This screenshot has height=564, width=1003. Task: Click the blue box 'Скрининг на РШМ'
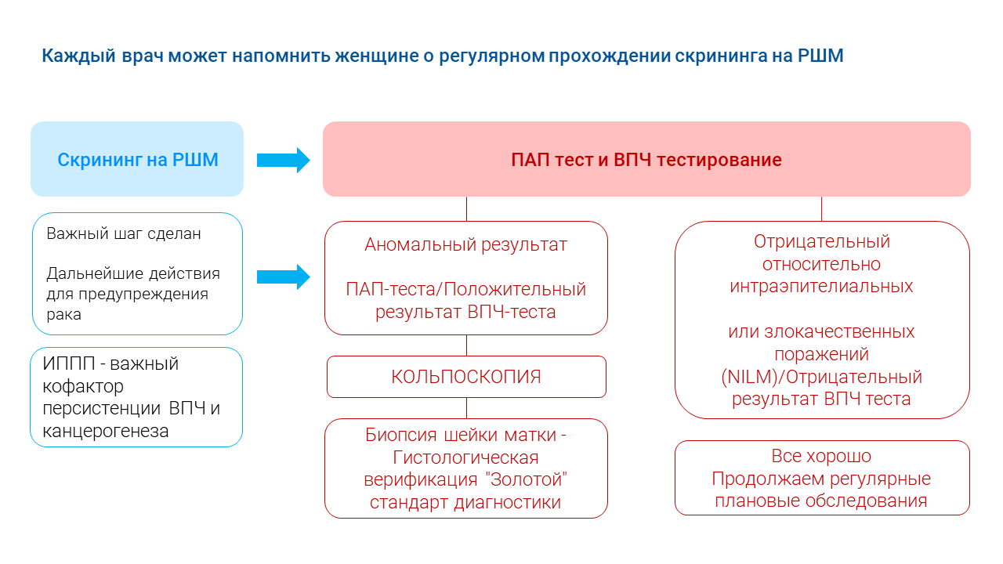click(137, 160)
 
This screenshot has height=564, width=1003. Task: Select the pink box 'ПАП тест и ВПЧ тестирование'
click(646, 160)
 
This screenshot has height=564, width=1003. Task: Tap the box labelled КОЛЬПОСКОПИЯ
click(466, 377)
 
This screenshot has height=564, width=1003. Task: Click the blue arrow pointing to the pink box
click(283, 160)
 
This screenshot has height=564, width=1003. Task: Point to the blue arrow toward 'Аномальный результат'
click(283, 276)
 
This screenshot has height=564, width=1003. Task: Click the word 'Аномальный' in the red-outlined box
click(411, 244)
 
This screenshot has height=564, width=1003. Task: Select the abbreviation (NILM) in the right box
click(751, 377)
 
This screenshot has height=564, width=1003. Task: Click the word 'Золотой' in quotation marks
click(540, 479)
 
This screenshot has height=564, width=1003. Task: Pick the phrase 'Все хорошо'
click(821, 456)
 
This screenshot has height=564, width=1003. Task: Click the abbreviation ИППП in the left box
click(67, 363)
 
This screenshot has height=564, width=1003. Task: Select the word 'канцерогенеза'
click(105, 431)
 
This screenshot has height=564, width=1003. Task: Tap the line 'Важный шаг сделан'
click(124, 233)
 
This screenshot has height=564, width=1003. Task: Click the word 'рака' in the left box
click(63, 315)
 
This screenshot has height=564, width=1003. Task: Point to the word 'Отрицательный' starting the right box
click(822, 241)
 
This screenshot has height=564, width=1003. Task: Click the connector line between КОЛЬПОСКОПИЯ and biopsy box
click(467, 408)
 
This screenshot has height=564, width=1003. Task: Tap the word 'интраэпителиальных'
click(821, 287)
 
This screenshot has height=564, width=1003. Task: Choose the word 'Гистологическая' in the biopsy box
click(466, 457)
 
